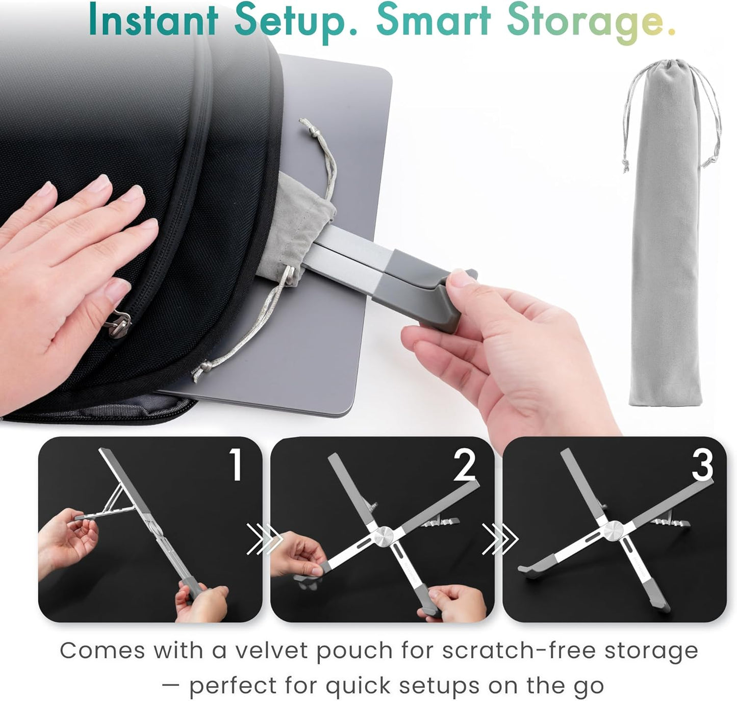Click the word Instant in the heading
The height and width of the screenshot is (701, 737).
click(x=154, y=20)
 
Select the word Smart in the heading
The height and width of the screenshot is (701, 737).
click(x=434, y=20)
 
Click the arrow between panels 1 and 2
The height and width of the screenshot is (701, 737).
click(x=265, y=539)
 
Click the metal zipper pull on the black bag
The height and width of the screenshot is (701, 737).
click(x=119, y=324)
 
